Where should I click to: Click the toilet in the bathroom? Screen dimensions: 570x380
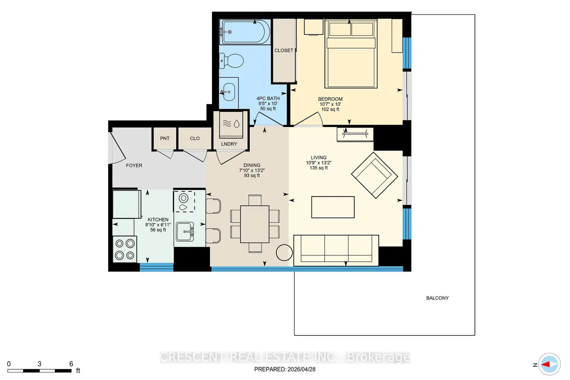tap(231, 61)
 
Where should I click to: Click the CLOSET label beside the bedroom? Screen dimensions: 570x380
tap(284, 51)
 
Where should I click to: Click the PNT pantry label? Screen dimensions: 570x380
tap(165, 138)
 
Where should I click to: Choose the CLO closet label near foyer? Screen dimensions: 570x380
tap(195, 138)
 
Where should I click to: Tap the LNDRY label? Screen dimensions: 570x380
tap(229, 144)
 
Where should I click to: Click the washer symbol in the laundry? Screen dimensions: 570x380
tap(231, 124)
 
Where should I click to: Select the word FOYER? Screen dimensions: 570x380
tap(134, 165)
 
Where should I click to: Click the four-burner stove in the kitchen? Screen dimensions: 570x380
tap(125, 249)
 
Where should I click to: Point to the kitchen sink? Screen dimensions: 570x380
tap(185, 232)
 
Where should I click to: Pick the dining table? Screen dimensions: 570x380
tap(255, 224)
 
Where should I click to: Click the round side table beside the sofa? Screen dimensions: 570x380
tap(284, 252)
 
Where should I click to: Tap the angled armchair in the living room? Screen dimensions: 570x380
tap(374, 175)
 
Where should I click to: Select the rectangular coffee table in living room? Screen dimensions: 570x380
tap(333, 207)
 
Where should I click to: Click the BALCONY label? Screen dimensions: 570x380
tap(437, 298)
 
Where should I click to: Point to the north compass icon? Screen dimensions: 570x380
tap(549, 364)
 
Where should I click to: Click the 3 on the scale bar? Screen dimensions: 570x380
tap(40, 364)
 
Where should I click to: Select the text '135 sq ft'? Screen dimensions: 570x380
tap(318, 168)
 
